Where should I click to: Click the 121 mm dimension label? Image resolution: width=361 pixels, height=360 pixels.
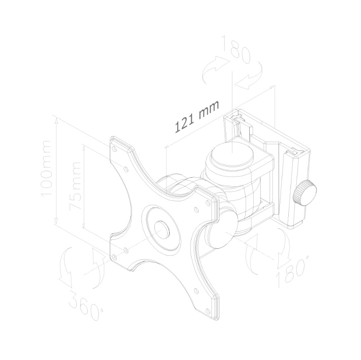[197, 117]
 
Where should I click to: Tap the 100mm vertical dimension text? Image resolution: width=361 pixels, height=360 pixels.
[46, 169]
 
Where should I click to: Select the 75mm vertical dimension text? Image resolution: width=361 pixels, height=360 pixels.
[75, 185]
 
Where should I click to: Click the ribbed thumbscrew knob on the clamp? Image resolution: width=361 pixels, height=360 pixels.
[304, 193]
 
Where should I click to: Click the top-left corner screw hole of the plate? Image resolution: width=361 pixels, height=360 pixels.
[114, 149]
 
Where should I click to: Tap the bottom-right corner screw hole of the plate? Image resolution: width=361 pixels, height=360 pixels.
[208, 311]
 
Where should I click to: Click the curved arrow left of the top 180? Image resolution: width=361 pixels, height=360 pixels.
[216, 67]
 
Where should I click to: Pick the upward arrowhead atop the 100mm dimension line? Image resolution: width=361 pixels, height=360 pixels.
[56, 119]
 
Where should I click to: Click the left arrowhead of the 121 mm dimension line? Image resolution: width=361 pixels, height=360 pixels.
[167, 146]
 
